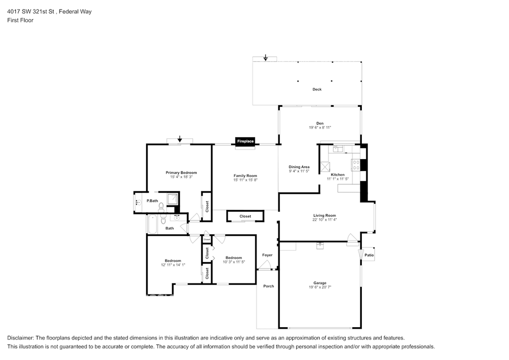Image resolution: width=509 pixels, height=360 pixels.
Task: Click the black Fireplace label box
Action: [245, 141]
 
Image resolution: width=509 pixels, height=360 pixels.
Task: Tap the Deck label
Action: [317, 90]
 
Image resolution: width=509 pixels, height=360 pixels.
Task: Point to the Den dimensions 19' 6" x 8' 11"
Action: [320, 128]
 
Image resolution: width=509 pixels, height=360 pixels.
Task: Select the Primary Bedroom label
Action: [181, 173]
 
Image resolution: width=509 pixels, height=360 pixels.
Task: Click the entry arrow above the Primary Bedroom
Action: [179, 139]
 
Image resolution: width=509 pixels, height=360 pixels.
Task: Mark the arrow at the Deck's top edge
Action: [265, 58]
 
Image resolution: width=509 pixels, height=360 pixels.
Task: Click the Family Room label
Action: [245, 176]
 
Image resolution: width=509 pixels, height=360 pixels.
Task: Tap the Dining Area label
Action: [299, 167]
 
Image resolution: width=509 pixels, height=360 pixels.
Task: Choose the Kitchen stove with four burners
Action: [356, 165]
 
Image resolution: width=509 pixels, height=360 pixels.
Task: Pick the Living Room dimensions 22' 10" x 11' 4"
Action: [325, 220]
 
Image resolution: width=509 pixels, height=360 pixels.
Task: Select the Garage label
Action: [320, 283]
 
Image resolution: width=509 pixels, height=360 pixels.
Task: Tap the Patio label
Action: [369, 255]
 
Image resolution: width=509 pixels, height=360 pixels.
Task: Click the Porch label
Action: [268, 286]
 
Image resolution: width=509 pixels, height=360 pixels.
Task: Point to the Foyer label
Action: [267, 255]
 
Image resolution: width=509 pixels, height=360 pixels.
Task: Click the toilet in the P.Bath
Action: [162, 207]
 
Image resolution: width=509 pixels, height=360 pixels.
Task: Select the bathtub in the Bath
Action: [152, 224]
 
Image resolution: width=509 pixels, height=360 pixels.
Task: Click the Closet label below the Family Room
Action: [245, 216]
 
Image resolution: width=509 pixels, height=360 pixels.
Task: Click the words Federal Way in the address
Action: [75, 12]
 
